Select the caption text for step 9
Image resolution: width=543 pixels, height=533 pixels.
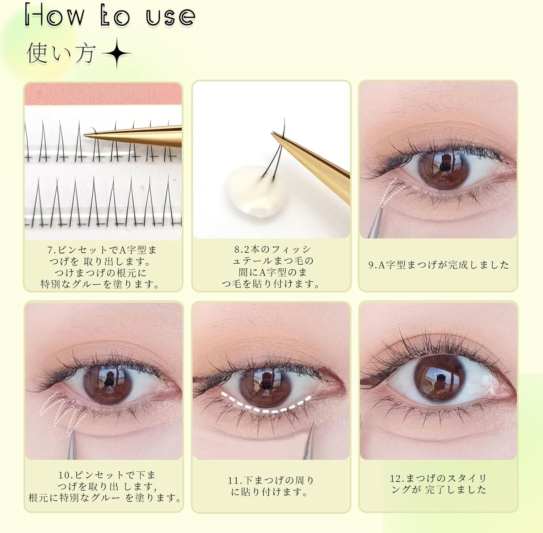(438, 265)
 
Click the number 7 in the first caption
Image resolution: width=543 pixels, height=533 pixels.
(50, 250)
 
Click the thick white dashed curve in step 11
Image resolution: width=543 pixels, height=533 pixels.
(266, 407)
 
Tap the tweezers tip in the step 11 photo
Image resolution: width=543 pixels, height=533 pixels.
(312, 427)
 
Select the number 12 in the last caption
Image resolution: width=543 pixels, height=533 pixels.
(396, 479)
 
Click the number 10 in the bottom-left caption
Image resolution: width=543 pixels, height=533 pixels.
(64, 475)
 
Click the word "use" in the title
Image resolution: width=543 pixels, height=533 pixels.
(170, 17)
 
